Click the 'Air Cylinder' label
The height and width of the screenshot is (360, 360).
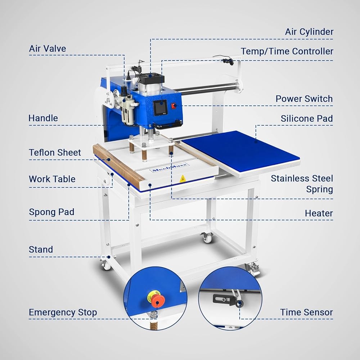click(309, 32)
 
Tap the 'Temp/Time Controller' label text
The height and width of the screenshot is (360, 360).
click(287, 51)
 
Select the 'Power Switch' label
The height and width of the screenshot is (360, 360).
click(304, 99)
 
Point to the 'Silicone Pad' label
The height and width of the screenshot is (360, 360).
click(306, 118)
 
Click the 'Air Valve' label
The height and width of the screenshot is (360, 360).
click(48, 49)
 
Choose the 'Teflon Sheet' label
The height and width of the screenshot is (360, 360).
click(55, 152)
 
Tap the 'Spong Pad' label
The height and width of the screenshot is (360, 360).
click(51, 212)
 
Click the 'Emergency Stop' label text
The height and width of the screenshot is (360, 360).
click(63, 312)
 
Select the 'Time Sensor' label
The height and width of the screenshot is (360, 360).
click(306, 312)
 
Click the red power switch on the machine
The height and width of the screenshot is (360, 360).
click(174, 105)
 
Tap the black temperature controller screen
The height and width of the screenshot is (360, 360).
click(160, 107)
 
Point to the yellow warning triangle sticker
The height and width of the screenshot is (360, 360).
click(183, 179)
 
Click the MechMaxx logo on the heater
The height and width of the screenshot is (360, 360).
click(169, 167)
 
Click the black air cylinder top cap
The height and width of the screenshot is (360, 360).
click(150, 79)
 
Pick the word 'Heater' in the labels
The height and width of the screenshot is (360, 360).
click(319, 213)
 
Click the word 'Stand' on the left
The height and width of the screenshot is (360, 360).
click(41, 249)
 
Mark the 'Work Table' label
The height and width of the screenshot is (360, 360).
click(52, 179)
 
